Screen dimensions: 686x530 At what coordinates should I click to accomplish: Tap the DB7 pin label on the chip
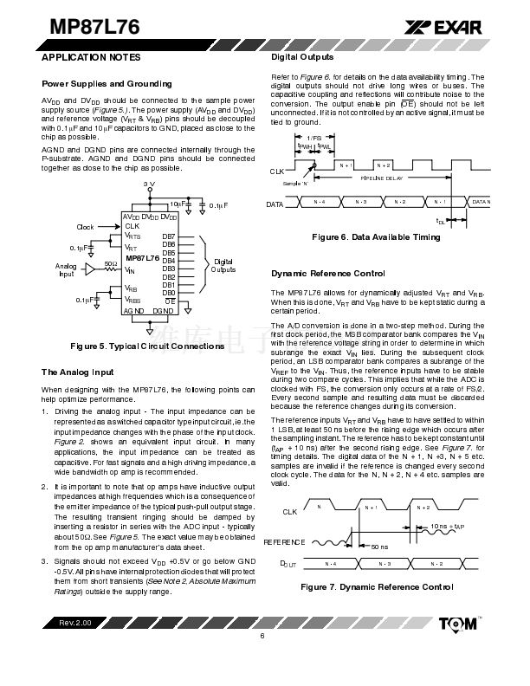coord(169,236)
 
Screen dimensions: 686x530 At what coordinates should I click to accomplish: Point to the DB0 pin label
coord(169,293)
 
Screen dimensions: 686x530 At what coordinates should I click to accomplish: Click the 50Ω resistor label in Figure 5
coord(110,262)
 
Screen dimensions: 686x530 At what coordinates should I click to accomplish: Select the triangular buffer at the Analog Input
coord(90,270)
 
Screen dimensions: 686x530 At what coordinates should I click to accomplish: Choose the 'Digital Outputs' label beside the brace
coord(223,265)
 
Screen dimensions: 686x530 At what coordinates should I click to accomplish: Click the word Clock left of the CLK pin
coord(85,227)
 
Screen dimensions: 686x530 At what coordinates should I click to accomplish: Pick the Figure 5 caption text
coord(147,346)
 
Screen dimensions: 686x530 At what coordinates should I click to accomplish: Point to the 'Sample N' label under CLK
coord(296,184)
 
